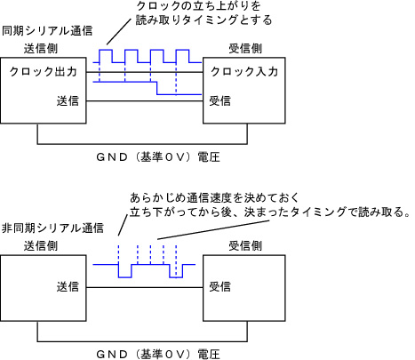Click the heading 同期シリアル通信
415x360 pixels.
pos(47,31)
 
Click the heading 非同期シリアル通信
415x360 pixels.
pos(53,228)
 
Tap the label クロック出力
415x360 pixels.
pos(44,72)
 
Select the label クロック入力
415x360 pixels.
pos(244,72)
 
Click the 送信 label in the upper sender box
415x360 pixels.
pos(68,101)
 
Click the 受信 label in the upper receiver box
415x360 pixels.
pos(220,101)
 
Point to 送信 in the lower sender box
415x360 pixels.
pos(68,287)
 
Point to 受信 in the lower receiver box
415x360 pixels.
pos(220,287)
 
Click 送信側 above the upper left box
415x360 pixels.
pos(41,49)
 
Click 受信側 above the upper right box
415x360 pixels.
pos(245,49)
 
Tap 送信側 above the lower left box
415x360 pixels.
pos(41,246)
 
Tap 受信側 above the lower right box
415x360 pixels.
pos(245,246)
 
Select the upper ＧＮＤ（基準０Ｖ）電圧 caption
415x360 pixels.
pos(158,157)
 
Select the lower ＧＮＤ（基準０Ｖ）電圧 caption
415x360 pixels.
pos(158,355)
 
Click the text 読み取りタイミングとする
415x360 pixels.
pos(204,20)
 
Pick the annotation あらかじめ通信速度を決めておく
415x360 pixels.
pos(215,197)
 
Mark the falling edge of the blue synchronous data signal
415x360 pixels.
pos(156,88)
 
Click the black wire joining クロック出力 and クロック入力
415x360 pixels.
pos(145,72)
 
